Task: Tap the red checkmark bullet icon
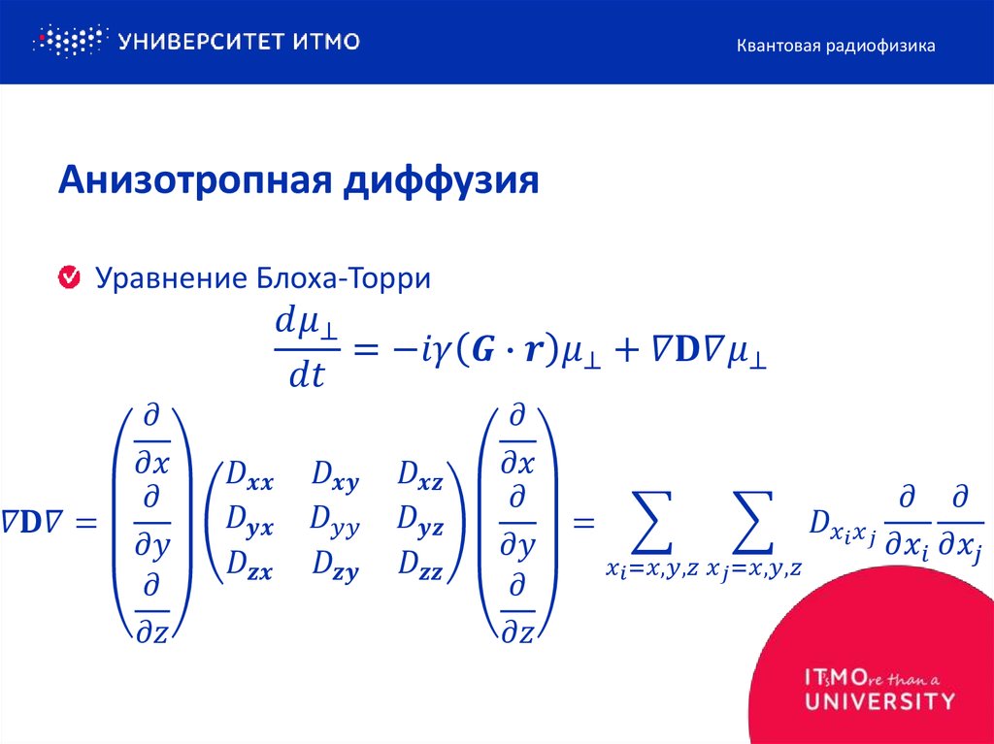(70, 279)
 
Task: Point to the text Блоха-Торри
(344, 279)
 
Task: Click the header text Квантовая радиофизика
(835, 46)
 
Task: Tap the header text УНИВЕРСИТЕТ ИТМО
(239, 42)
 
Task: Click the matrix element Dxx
(249, 476)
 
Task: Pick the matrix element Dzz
(419, 566)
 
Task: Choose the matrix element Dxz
(419, 476)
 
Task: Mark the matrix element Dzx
(249, 566)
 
